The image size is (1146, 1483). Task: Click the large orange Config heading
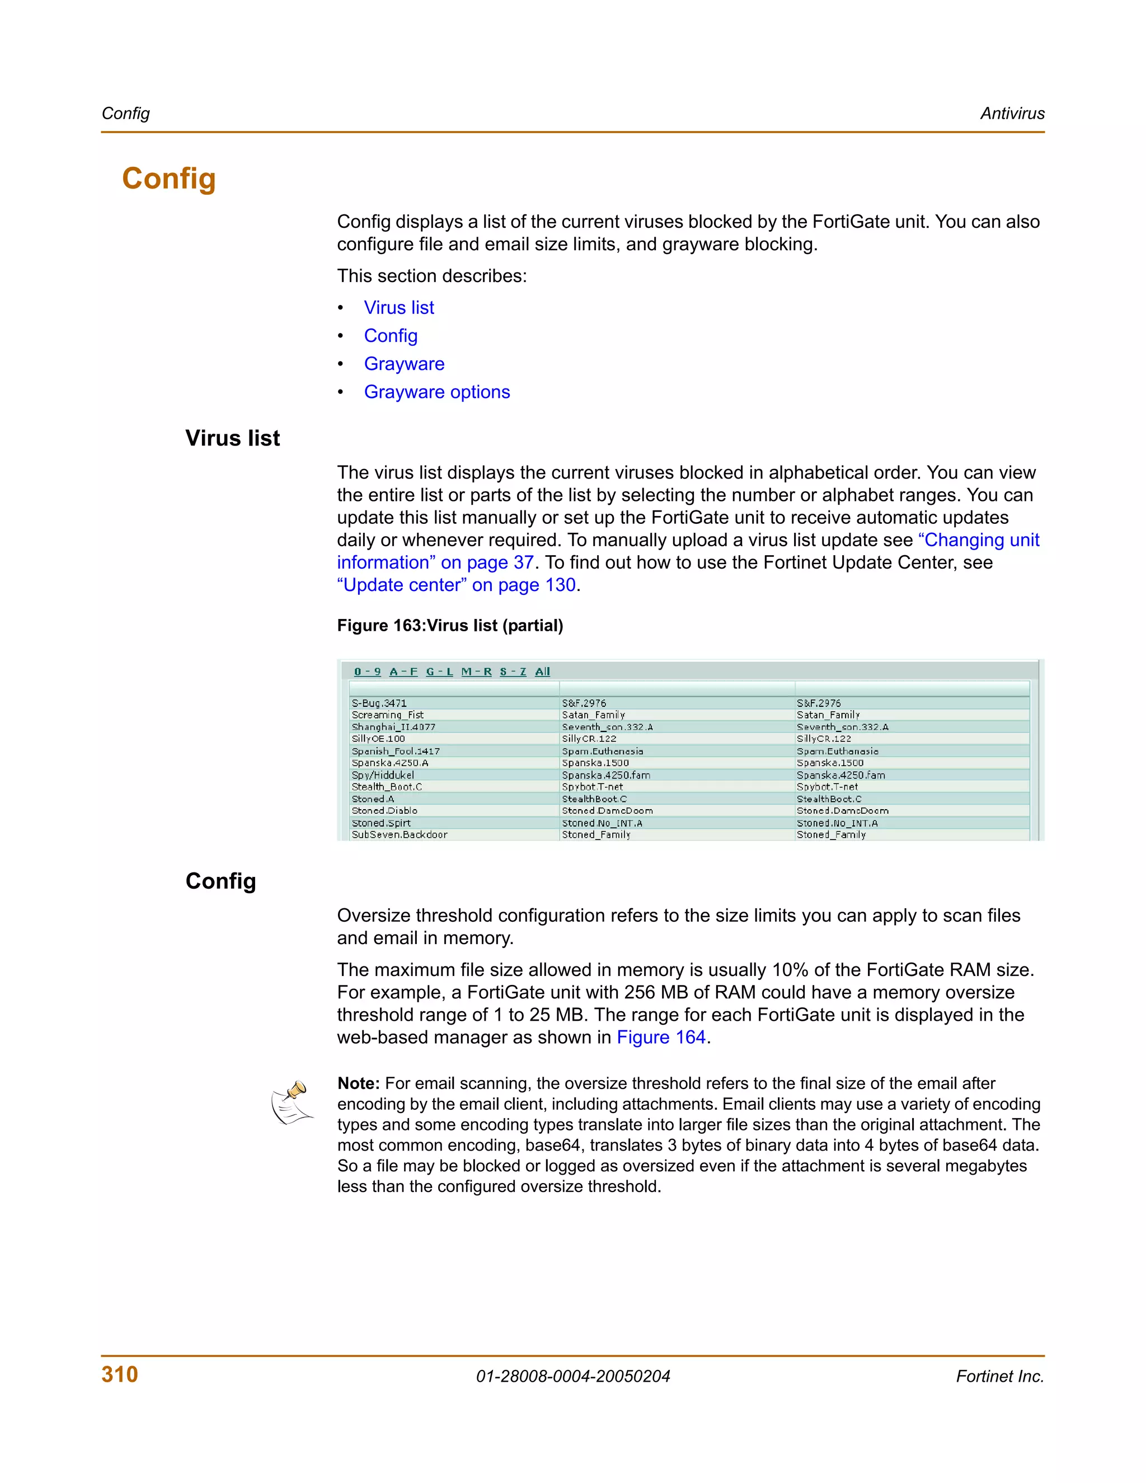click(x=168, y=179)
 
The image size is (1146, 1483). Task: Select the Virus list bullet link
click(x=398, y=308)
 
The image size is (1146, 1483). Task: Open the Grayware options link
click(x=436, y=392)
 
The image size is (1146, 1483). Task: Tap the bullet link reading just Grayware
click(x=404, y=364)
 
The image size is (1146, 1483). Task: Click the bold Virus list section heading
click(x=232, y=438)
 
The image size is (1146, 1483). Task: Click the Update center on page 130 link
click(x=456, y=585)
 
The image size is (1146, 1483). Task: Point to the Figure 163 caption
click(x=449, y=626)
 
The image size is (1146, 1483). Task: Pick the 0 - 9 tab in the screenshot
click(x=367, y=672)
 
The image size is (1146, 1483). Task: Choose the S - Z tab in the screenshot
click(x=513, y=672)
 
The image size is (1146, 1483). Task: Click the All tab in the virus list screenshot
click(x=542, y=672)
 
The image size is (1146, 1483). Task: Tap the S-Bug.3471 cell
click(x=379, y=703)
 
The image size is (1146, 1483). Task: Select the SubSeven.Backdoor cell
click(x=399, y=834)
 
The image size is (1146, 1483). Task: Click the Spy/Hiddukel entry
click(x=382, y=775)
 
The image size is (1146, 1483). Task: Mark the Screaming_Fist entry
click(x=387, y=715)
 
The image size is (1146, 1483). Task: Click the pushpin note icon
click(x=292, y=1102)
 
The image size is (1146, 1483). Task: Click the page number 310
click(x=120, y=1374)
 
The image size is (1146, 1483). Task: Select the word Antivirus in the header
click(x=1012, y=114)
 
